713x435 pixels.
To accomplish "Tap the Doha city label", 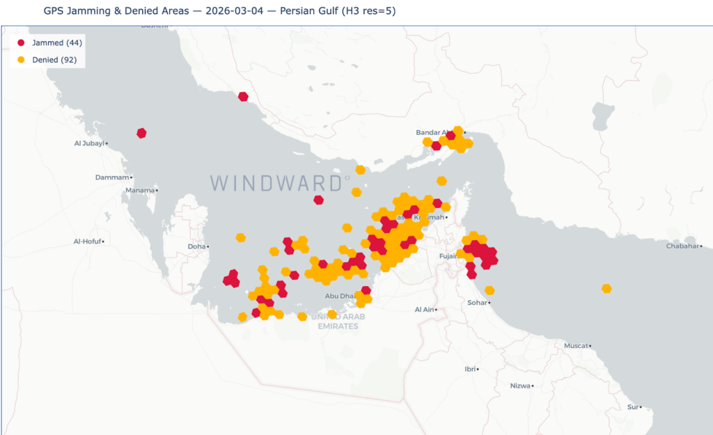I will point(196,246).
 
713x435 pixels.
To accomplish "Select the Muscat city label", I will point(576,345).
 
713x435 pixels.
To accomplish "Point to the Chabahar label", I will point(682,246).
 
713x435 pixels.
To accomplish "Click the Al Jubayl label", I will point(89,143).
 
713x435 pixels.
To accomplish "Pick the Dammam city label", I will point(112,177).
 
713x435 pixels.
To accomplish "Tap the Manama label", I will point(139,190).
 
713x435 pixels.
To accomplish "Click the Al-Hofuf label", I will point(88,242).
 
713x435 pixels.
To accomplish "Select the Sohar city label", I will point(477,303).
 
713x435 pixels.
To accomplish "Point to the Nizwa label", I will point(519,385).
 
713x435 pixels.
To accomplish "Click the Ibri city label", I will point(470,369).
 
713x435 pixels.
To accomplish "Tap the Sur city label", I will point(632,406).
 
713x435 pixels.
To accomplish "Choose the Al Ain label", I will point(424,309).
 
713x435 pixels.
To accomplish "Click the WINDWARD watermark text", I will point(279,183).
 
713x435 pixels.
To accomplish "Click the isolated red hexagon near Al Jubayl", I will point(141,133).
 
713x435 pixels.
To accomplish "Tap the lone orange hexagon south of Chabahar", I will point(606,288).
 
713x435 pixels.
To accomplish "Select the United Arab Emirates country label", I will point(337,322).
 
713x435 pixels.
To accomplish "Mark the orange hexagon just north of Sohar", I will point(489,290).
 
